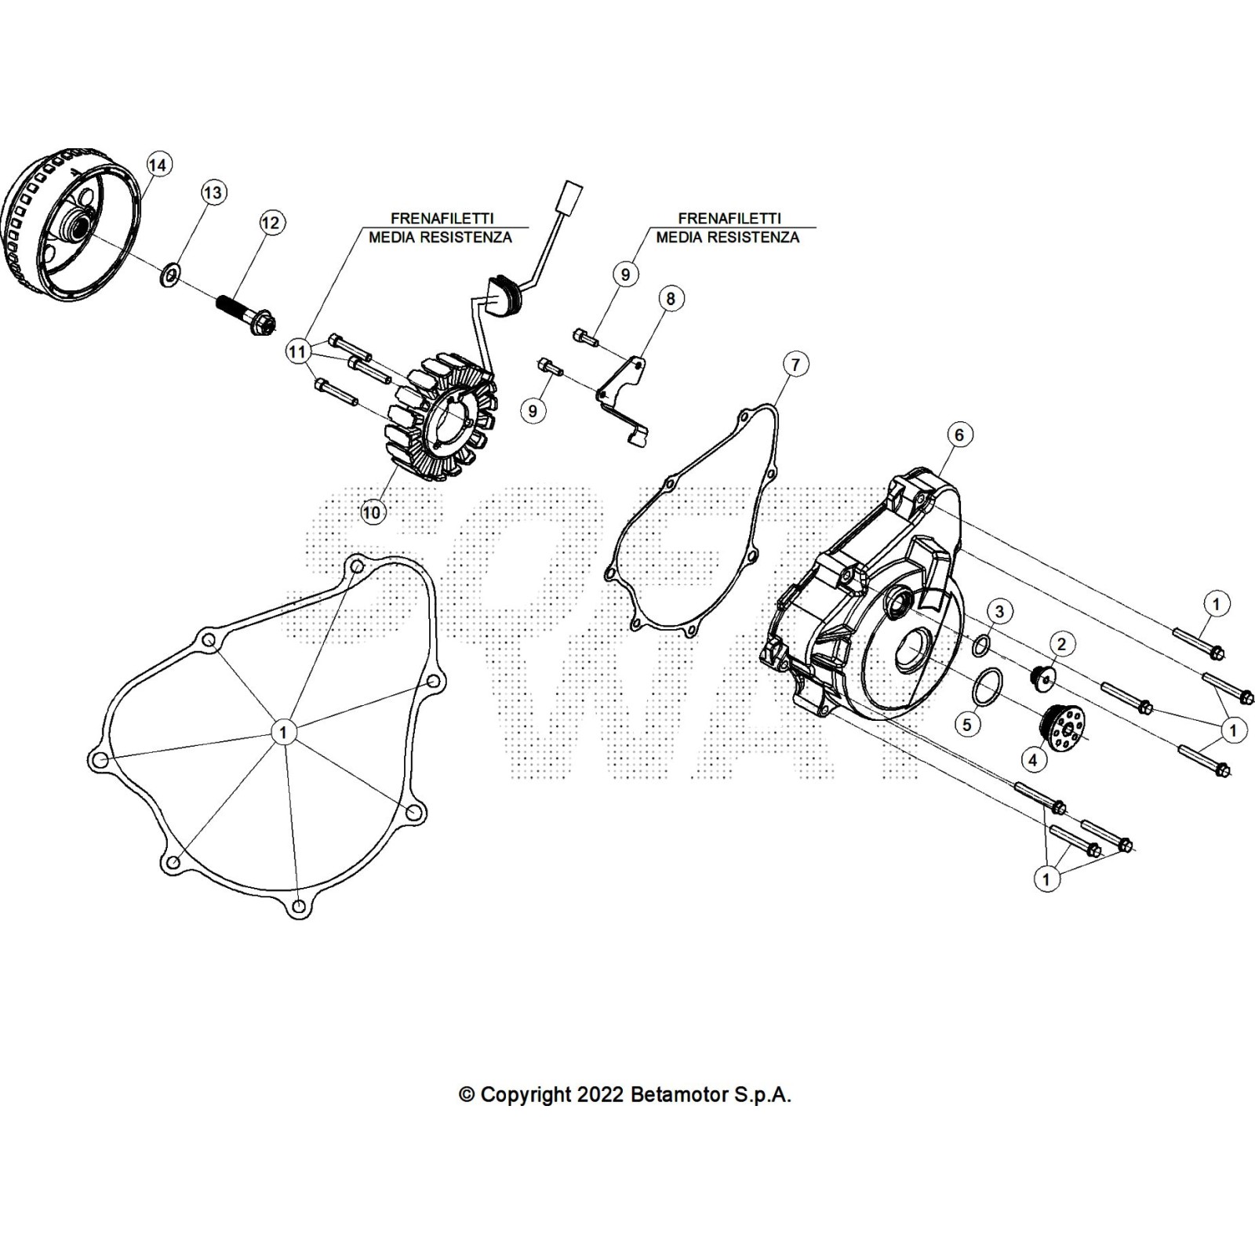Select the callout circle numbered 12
click(x=270, y=223)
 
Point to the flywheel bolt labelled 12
click(x=245, y=313)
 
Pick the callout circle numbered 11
click(x=296, y=352)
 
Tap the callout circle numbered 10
click(x=371, y=512)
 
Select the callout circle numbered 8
click(x=671, y=298)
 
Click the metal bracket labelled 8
click(x=624, y=397)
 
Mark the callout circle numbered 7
click(x=795, y=364)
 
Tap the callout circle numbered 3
click(x=999, y=610)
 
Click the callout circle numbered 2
click(x=1062, y=645)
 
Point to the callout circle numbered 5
click(x=967, y=724)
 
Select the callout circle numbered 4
click(x=1033, y=759)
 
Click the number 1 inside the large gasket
click(x=283, y=732)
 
